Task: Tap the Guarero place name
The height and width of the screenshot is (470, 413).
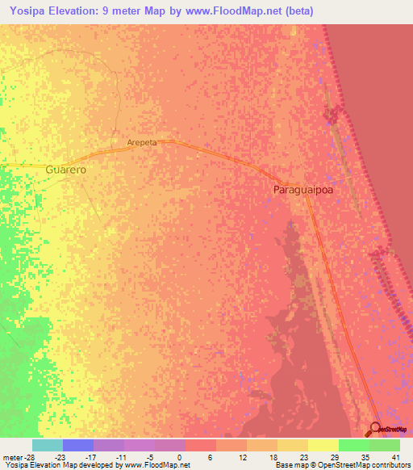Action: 66,170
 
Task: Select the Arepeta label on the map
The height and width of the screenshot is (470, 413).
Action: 141,142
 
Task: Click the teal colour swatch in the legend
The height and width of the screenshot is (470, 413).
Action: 47,445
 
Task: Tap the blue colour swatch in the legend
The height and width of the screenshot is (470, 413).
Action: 77,445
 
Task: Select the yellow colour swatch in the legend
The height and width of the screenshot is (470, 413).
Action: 323,445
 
